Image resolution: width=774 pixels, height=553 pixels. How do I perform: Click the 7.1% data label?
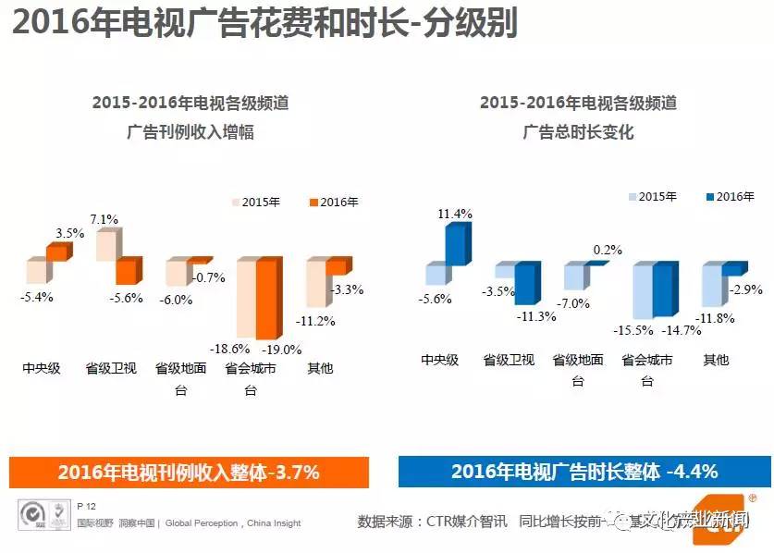104,219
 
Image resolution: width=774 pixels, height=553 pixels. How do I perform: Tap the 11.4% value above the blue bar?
454,214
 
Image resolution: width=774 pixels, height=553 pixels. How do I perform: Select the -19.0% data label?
281,350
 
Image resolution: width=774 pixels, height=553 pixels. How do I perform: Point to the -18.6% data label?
230,350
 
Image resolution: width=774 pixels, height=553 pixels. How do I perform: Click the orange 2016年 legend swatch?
313,203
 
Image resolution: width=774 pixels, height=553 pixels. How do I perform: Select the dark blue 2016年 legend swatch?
709,197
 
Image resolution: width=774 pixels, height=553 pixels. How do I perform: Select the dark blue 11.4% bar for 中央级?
455,245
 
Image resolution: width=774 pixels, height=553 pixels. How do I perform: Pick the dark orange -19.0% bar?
266,299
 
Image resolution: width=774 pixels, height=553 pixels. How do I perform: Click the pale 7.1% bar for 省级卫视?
106,245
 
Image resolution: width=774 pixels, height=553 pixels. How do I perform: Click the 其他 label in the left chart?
320,368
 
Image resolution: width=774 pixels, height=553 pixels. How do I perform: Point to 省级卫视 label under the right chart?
509,360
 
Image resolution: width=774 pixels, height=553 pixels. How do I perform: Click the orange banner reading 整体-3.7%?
189,472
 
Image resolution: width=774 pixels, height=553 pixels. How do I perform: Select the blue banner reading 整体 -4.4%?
584,472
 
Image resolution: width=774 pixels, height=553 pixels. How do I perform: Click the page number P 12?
88,506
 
